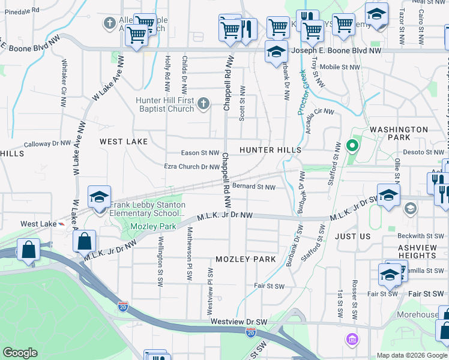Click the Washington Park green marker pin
[352, 145]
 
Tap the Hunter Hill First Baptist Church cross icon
[203, 104]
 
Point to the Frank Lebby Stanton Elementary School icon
[99, 197]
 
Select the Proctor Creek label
[303, 91]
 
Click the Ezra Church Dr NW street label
[191, 167]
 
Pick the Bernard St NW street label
[254, 187]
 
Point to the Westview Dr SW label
[238, 322]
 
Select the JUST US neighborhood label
[353, 236]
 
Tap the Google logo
[20, 353]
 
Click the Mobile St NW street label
[340, 67]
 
